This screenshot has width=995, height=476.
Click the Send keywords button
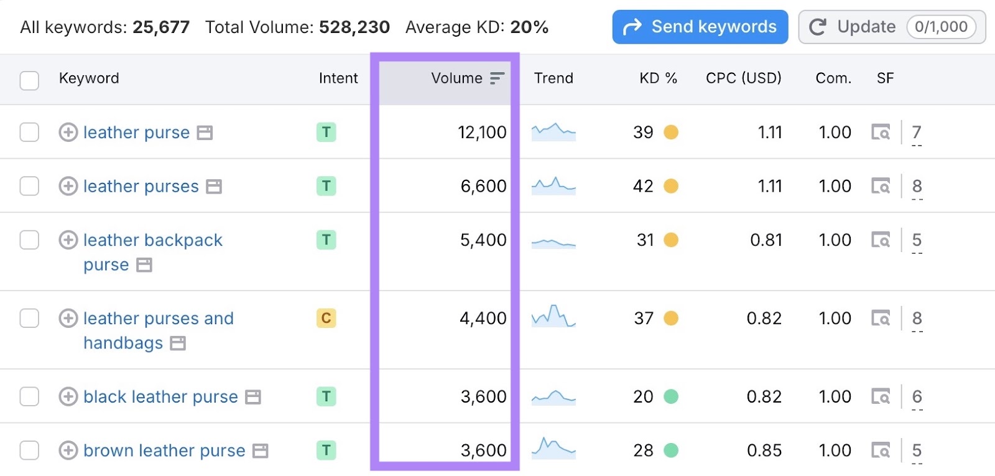click(x=700, y=27)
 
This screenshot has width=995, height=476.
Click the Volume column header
click(x=457, y=78)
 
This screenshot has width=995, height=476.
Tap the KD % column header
click(x=658, y=78)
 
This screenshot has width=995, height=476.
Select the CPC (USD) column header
click(x=743, y=78)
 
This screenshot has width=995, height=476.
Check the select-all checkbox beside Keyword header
click(x=29, y=80)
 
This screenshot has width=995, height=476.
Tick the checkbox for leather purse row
click(x=29, y=133)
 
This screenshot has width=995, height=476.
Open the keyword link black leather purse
click(x=160, y=397)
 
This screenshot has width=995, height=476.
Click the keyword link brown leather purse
click(x=164, y=450)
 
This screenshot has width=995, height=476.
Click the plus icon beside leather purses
click(x=68, y=186)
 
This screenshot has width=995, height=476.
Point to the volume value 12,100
click(x=482, y=133)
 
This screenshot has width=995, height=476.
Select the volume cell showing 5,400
click(x=483, y=240)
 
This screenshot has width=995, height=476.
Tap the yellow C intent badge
click(x=326, y=319)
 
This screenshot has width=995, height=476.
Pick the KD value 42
click(x=643, y=186)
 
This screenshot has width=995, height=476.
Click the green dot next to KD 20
click(x=671, y=397)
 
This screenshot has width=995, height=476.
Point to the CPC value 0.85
click(x=764, y=450)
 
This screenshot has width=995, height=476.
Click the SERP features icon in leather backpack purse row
click(x=881, y=240)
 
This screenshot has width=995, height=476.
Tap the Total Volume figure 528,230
click(x=354, y=27)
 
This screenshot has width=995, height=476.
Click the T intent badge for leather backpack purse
click(x=326, y=240)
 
